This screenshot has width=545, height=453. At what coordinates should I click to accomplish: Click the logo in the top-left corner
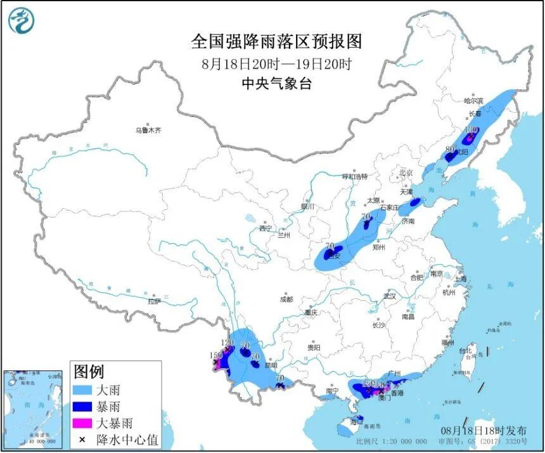coord(21,20)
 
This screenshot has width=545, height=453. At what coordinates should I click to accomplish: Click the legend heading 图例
coord(89,371)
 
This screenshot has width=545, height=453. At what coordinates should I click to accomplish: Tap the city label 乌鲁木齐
coord(148,130)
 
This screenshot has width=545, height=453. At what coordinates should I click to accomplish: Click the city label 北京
coord(406,173)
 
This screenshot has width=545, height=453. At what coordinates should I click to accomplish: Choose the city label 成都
coord(286,299)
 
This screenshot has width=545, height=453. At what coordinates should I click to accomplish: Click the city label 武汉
coord(389,296)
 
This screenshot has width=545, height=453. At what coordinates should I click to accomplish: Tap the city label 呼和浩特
coord(355,176)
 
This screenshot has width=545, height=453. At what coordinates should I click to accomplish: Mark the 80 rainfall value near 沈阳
coord(451,150)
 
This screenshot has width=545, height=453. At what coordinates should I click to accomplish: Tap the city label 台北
coord(465,350)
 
